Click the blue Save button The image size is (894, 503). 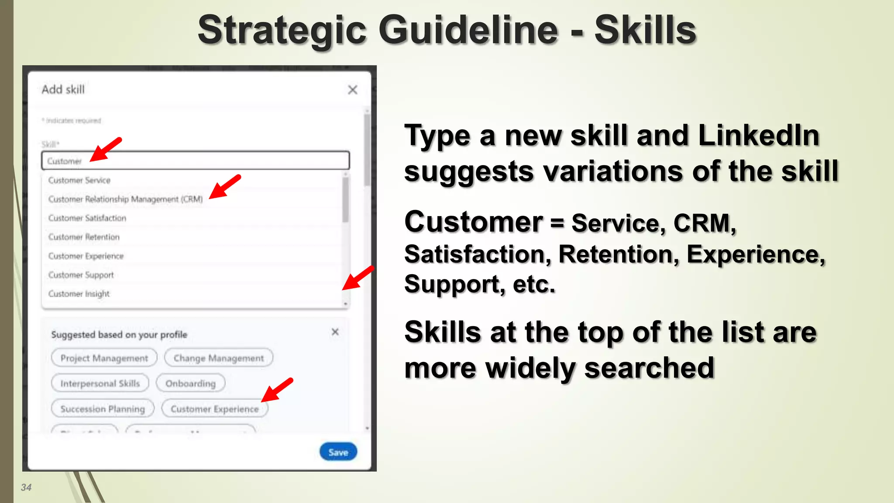click(338, 452)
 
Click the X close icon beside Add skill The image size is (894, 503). click(353, 90)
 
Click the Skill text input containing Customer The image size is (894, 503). click(196, 161)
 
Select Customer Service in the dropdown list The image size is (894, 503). click(79, 180)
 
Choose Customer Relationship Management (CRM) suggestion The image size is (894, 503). click(126, 199)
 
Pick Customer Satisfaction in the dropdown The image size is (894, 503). click(87, 218)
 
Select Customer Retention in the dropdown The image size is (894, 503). click(84, 237)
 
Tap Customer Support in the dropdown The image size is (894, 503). click(81, 275)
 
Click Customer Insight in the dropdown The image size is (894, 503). click(79, 294)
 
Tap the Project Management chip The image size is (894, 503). click(104, 358)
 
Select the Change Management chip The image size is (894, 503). click(219, 358)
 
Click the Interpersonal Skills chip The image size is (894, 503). click(100, 383)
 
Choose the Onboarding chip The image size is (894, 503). click(191, 383)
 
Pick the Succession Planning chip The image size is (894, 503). click(103, 409)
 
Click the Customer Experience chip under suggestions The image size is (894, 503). click(215, 409)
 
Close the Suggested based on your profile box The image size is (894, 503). click(335, 332)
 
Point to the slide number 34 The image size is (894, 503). click(26, 487)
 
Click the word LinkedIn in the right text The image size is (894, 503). click(759, 135)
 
